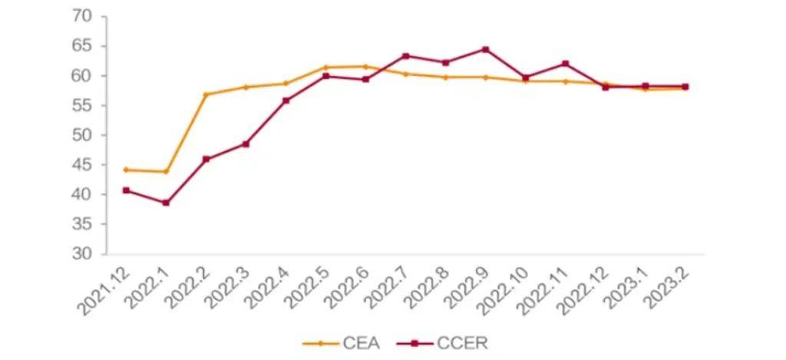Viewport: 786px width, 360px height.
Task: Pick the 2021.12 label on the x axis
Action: [x=104, y=292]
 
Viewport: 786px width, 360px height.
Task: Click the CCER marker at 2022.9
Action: [x=485, y=50]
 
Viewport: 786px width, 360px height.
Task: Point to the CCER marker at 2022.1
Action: [x=166, y=203]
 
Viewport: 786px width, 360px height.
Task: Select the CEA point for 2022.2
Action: [x=206, y=94]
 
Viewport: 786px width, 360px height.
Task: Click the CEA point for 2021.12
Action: [x=126, y=170]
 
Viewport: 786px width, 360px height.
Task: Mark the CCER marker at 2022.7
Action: [x=405, y=56]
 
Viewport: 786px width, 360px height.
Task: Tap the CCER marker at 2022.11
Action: [x=565, y=64]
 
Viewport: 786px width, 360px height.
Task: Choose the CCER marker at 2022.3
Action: [x=246, y=144]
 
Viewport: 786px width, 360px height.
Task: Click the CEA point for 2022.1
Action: [x=166, y=171]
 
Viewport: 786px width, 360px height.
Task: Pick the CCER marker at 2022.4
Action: [x=286, y=101]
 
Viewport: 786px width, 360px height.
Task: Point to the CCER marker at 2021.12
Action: [x=126, y=190]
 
